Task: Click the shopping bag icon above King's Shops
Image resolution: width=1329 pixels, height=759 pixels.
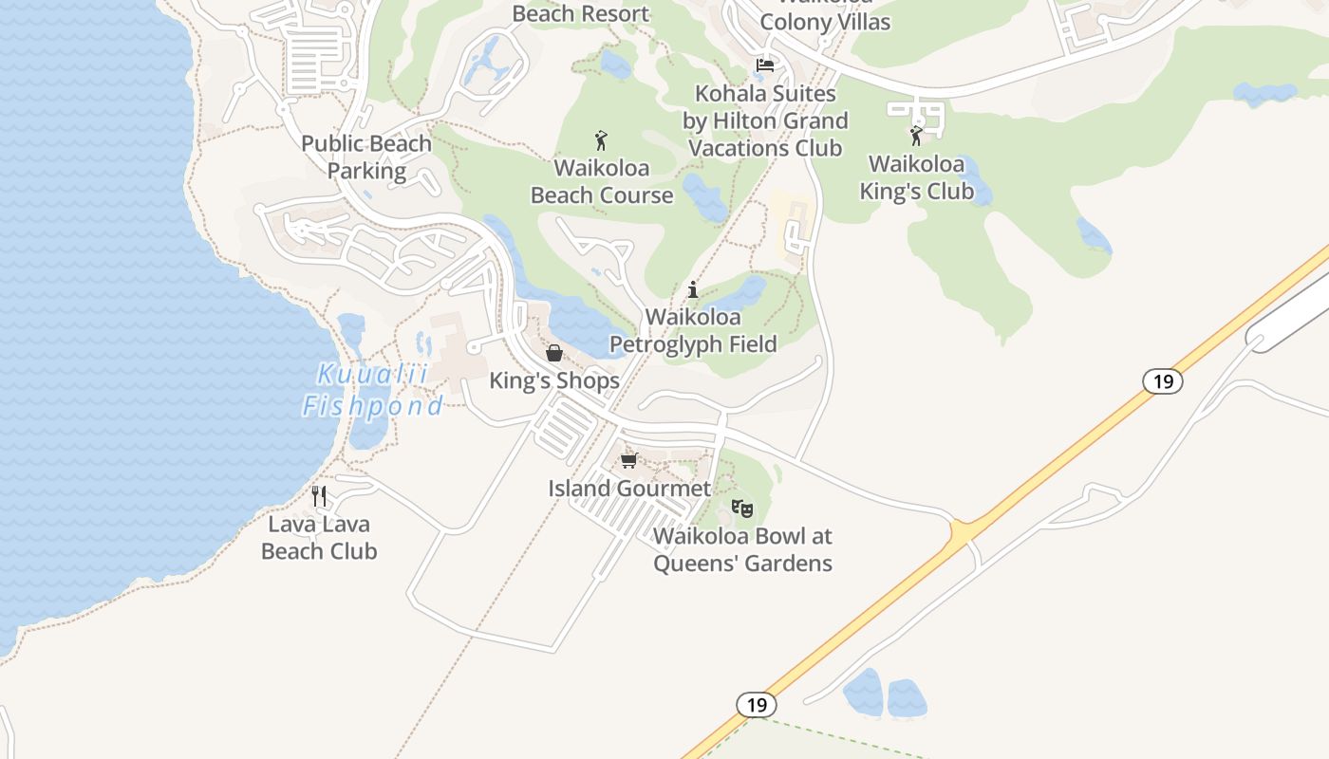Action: tap(554, 354)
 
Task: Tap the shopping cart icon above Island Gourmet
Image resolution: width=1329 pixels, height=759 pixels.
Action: tap(628, 461)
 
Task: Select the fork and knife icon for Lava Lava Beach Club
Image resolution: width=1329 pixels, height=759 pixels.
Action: tap(319, 495)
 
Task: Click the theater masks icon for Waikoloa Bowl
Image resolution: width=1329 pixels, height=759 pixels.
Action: tap(742, 509)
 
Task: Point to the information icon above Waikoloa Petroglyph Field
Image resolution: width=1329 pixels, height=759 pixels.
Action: tap(693, 289)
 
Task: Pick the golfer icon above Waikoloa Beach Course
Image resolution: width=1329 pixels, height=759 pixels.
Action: tap(601, 141)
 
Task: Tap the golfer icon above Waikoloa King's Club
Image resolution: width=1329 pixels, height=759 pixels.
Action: tap(916, 137)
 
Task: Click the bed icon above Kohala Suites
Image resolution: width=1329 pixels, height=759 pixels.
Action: tap(765, 65)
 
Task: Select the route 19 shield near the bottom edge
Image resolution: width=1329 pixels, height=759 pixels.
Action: tap(756, 705)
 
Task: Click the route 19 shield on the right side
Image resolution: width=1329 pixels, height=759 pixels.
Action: tap(1162, 381)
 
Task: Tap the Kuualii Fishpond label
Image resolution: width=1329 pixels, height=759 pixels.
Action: tap(372, 390)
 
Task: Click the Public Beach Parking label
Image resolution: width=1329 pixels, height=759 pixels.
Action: tap(366, 157)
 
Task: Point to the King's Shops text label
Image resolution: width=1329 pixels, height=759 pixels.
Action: tap(554, 380)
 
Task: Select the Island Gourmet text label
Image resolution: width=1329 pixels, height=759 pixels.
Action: tap(629, 489)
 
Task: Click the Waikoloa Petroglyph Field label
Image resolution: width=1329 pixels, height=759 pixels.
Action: tap(693, 330)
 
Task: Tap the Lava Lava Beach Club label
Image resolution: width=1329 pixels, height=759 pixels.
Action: tap(319, 537)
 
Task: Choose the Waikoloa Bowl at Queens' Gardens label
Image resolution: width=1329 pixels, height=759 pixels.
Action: tap(742, 549)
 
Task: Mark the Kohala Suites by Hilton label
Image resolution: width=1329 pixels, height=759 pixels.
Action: tap(765, 120)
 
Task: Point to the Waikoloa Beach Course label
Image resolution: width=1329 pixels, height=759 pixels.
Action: tap(602, 182)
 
